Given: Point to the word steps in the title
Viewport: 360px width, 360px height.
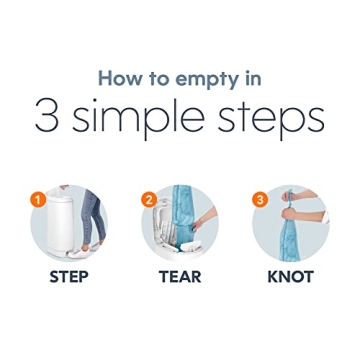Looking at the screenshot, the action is coord(271,118).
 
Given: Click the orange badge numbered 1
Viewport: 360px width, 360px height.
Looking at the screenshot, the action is coord(38,201).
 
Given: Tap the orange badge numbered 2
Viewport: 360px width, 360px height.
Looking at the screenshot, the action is coord(149,200).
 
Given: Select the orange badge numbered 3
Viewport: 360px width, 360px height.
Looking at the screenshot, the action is coord(260,200).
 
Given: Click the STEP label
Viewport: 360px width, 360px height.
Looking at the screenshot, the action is coord(69,277).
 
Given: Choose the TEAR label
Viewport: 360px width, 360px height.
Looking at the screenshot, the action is coord(180,277).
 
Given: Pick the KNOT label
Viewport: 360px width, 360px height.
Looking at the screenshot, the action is coord(291,277).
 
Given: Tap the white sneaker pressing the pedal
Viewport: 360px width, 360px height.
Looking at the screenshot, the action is coord(76,252).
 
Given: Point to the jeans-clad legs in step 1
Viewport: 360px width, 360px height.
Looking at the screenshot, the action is coord(92,217).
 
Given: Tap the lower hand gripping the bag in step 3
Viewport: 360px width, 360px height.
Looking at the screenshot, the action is coord(289,213).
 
